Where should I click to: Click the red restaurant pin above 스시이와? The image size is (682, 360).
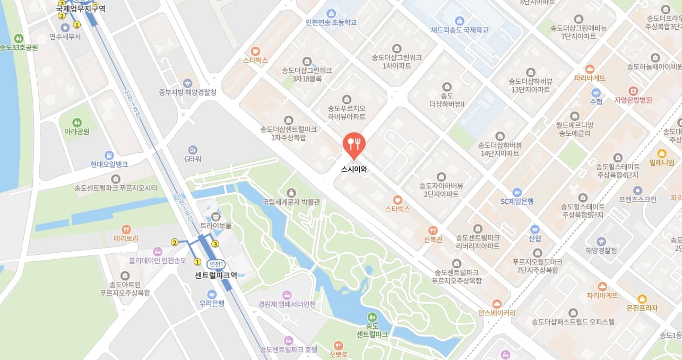click(x=354, y=144)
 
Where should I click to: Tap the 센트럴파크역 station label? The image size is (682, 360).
click(x=216, y=275)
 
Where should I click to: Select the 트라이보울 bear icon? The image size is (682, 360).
click(x=215, y=216)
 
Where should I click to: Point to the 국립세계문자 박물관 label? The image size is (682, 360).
click(x=291, y=202)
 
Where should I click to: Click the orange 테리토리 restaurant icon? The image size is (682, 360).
click(x=126, y=229)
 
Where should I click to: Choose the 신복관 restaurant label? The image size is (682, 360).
click(x=433, y=239)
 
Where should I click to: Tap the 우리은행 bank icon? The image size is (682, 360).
click(x=212, y=294)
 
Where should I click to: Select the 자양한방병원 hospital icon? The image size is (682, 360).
click(x=633, y=90)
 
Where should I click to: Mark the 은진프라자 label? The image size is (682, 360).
click(x=642, y=308)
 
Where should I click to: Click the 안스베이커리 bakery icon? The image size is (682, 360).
click(x=497, y=304)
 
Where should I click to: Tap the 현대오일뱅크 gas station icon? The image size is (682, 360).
click(x=109, y=155)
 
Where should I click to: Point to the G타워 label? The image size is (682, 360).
click(x=193, y=159)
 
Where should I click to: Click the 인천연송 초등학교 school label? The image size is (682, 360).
click(x=331, y=22)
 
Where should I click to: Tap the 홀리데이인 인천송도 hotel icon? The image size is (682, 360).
click(x=158, y=251)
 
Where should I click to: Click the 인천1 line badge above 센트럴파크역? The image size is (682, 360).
click(x=216, y=264)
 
